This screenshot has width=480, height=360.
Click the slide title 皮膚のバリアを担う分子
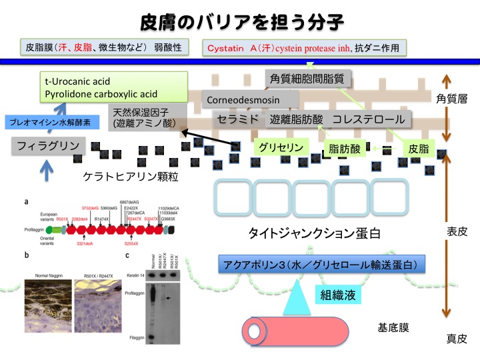(241, 21)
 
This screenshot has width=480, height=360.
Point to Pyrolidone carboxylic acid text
(101, 95)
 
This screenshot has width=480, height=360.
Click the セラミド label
(237, 121)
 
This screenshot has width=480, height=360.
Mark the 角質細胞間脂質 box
(307, 78)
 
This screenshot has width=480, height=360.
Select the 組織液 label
(338, 293)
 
